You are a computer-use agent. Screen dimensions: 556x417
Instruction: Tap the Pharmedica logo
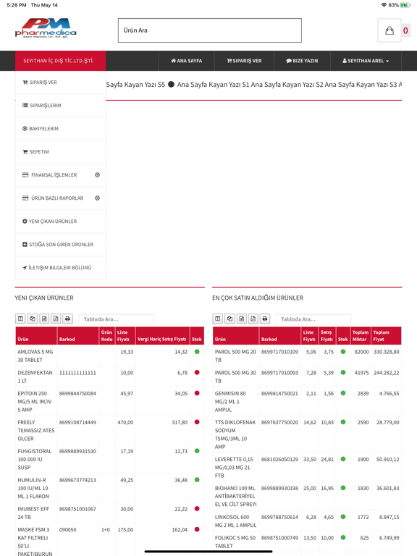tap(46, 29)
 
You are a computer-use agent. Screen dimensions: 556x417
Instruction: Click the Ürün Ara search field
tap(209, 30)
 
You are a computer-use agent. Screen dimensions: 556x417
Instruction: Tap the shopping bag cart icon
tap(389, 30)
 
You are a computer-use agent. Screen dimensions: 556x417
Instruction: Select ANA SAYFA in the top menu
tap(186, 61)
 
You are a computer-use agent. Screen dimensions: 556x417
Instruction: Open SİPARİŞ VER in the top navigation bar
tap(244, 61)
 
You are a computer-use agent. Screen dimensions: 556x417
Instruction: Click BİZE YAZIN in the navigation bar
tap(302, 61)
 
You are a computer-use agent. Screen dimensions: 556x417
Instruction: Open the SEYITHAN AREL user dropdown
tap(366, 61)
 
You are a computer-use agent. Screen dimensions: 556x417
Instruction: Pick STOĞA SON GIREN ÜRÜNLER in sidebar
tap(60, 245)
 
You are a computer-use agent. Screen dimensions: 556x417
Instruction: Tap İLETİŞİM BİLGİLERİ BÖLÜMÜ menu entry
tap(60, 268)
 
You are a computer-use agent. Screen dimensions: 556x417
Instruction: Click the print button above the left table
tap(67, 319)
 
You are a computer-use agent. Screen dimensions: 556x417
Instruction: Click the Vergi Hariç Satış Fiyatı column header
tap(161, 339)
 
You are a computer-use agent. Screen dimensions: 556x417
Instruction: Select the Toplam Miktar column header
tap(360, 336)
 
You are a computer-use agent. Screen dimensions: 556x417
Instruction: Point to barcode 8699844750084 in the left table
tap(77, 394)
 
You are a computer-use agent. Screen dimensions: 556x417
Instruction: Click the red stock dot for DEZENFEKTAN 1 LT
tap(197, 373)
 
